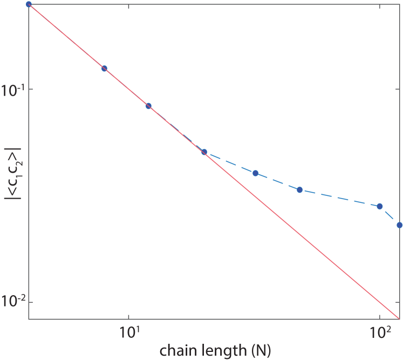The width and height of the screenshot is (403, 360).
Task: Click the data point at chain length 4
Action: coord(29,4)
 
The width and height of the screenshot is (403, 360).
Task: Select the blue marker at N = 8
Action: coord(104,69)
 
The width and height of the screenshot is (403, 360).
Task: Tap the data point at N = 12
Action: coord(148,106)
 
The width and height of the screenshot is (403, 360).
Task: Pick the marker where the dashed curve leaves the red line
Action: coord(204,152)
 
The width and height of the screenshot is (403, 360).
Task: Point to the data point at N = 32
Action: coord(255,173)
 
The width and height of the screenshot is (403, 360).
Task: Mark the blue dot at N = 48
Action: coord(299,190)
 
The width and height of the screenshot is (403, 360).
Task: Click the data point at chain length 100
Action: coord(380,206)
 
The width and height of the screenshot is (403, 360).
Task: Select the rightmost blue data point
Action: coord(399,225)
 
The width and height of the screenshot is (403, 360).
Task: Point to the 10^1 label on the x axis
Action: coord(128,331)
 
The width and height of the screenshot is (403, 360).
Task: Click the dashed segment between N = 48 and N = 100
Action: coord(340,198)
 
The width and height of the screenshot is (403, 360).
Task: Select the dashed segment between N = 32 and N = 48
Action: coord(277,182)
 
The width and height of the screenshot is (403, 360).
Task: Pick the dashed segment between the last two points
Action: coord(390,216)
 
